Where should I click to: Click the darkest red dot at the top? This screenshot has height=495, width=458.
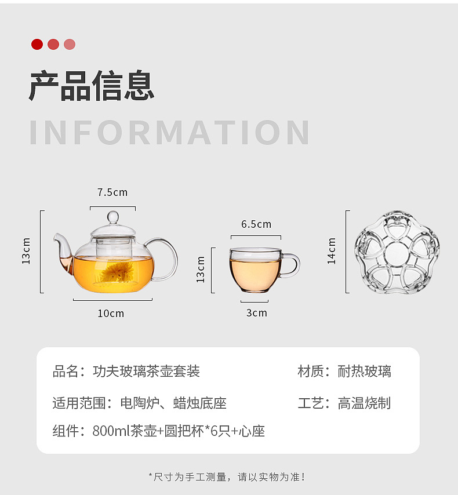37,44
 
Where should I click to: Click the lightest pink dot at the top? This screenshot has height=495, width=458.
70,44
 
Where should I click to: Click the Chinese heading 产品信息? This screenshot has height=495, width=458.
92,86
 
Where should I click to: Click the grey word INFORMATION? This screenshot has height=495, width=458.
170,133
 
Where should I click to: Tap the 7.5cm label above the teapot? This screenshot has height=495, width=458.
112,192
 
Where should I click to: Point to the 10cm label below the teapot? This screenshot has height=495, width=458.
111,314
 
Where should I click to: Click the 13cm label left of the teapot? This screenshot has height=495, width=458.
26,251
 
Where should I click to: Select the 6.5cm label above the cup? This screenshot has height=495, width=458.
256,224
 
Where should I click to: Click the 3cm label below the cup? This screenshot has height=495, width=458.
256,313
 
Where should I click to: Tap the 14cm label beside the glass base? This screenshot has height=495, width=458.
332,251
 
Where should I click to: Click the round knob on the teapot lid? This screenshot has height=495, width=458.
113,217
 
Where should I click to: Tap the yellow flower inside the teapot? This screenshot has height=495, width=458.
115,272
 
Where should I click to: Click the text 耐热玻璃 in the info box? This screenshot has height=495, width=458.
365,371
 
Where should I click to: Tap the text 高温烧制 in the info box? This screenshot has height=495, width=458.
365,403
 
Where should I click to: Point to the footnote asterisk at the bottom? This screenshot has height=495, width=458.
151,477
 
